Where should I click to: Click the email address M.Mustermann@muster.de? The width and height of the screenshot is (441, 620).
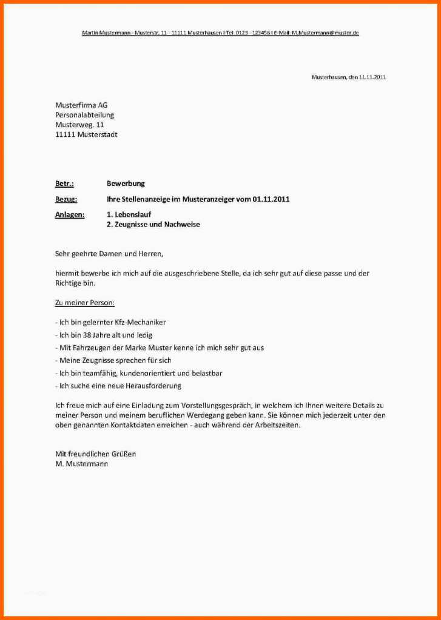coord(325,33)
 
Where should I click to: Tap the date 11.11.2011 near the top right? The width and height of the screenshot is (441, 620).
coord(372,77)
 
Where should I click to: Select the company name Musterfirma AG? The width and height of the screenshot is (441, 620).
coord(81,105)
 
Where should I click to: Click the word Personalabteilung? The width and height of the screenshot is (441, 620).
coord(84,115)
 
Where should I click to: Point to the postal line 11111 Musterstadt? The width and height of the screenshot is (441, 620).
coord(86,134)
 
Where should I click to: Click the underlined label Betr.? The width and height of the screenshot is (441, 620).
coord(64,183)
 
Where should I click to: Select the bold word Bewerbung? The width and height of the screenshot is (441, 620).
coord(126,183)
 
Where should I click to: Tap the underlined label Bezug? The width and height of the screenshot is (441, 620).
coord(66,199)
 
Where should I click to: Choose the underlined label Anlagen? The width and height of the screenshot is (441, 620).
coord(70,214)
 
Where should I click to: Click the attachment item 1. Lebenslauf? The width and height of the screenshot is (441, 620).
coord(129,214)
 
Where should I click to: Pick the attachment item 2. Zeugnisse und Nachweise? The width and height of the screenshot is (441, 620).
coord(153,224)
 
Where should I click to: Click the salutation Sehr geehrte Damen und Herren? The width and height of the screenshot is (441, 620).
coord(109,254)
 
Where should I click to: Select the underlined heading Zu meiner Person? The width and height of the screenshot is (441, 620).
coord(84,302)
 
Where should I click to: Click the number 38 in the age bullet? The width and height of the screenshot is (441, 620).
coord(85,335)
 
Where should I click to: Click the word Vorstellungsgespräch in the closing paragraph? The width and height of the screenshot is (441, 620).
coord(212,405)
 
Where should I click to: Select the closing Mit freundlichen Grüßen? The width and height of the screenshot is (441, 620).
coord(95,453)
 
